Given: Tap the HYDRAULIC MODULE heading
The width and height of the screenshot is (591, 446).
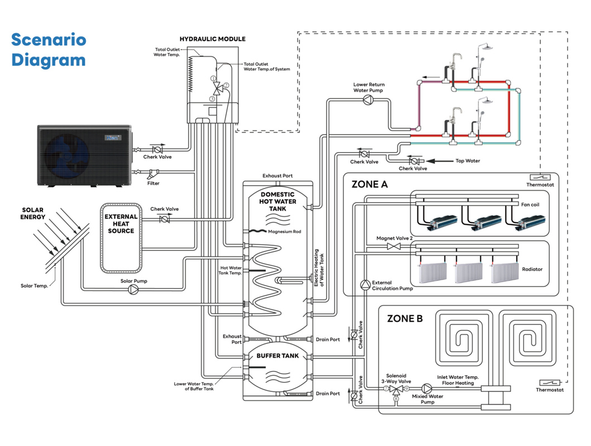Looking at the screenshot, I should click(212, 39).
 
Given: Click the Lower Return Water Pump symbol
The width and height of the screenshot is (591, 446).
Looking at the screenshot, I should click(369, 100).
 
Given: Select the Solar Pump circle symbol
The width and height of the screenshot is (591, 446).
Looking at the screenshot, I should click(134, 289).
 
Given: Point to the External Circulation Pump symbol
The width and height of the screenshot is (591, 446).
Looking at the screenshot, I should click(364, 285).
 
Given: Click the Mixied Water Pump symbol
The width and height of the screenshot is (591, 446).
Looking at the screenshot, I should click(427, 388).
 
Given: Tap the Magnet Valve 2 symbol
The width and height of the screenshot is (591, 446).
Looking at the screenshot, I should click(394, 246).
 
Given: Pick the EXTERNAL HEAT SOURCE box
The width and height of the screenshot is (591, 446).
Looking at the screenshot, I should click(121, 238).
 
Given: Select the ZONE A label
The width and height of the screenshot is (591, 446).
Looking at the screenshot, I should click(369, 185).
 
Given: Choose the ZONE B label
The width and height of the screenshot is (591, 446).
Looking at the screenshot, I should click(405, 319).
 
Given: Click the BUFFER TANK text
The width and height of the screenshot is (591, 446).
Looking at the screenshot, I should click(278, 355).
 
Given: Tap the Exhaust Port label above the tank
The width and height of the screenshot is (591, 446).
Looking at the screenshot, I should click(278, 176).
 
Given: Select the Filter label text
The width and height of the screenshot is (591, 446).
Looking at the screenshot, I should click(153, 183).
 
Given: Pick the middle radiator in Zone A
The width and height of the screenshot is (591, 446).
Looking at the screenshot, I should click(467, 273).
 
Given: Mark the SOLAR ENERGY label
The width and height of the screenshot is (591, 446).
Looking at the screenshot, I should click(33, 214).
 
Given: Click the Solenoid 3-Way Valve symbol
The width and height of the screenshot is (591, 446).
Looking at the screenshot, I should click(395, 389).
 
